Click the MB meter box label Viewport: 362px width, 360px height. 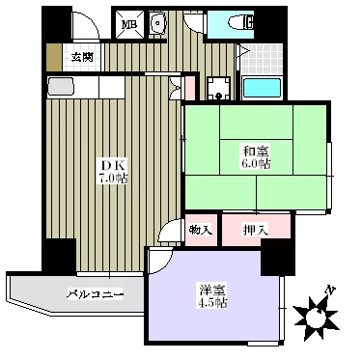129,24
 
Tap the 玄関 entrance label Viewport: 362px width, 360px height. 82,58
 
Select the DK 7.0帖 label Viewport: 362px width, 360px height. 113,172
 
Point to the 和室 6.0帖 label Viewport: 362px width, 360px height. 256,157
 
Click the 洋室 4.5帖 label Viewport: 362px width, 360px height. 212,296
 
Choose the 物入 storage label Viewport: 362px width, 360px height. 201,230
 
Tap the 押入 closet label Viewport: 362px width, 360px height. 256,230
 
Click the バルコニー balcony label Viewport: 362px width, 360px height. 96,294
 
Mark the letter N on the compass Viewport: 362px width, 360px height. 329,290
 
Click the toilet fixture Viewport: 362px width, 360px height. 240,23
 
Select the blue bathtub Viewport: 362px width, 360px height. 262,88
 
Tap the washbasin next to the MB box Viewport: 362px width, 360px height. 157,22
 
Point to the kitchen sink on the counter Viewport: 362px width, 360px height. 61,87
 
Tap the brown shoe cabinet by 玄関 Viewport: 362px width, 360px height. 54,57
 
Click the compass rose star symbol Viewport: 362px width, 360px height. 316,317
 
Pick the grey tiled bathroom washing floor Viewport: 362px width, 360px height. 262,58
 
